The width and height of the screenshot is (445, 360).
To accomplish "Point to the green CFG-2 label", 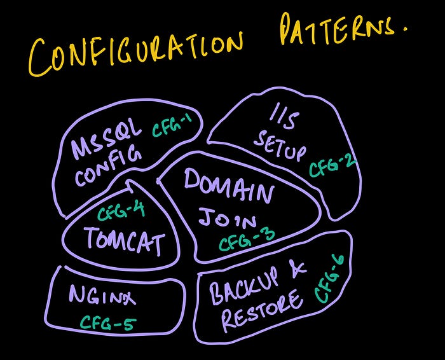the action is [332, 165].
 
